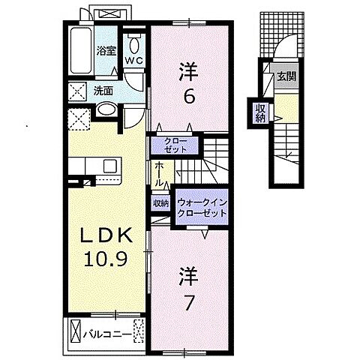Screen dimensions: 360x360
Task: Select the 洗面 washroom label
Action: coord(103,91)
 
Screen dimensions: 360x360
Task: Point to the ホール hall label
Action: coord(159,175)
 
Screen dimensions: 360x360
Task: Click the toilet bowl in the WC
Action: coord(135,40)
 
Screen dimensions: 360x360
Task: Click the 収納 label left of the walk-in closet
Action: coord(160,202)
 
